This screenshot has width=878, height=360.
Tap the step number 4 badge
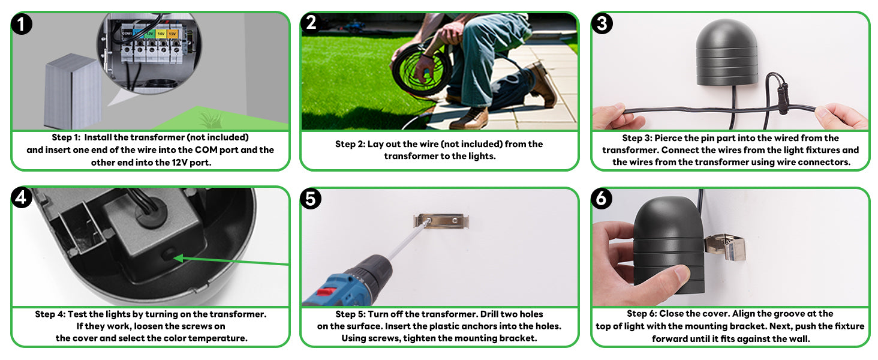(22, 197)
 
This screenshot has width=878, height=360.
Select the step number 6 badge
(602, 198)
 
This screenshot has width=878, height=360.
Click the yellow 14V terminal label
(161, 34)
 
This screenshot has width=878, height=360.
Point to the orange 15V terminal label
(173, 34)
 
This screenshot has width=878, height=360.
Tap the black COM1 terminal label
(127, 34)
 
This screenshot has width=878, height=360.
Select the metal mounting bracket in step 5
(441, 221)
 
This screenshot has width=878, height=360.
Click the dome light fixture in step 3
(726, 52)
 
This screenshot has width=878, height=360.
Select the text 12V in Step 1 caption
(179, 163)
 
